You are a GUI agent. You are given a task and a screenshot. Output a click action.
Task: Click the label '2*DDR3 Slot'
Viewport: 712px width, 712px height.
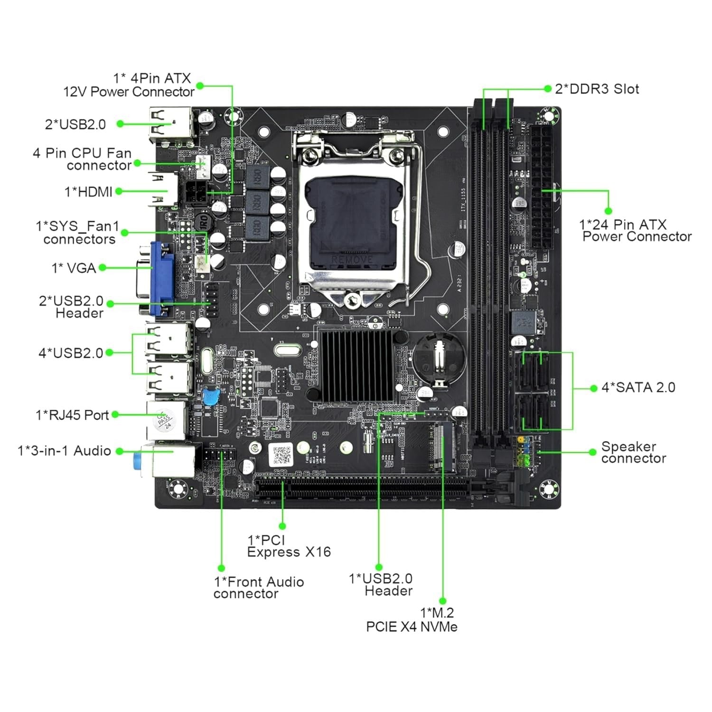tap(597, 89)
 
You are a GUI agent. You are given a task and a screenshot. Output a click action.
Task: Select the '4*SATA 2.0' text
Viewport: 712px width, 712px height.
tap(638, 387)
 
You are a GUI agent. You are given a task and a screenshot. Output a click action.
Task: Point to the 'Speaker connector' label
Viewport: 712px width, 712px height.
tap(633, 452)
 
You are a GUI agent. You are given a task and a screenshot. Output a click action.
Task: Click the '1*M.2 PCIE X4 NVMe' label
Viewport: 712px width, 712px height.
tap(412, 620)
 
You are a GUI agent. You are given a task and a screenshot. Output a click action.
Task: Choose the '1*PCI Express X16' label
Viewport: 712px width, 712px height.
tap(289, 546)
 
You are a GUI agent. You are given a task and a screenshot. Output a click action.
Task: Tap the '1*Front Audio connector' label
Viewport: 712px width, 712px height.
tap(259, 588)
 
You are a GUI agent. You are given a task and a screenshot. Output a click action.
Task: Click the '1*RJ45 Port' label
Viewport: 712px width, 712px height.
tap(72, 415)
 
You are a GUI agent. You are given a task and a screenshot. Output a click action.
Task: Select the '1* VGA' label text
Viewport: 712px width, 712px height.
tap(74, 268)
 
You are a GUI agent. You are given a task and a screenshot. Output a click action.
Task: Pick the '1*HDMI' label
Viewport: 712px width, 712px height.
tap(88, 192)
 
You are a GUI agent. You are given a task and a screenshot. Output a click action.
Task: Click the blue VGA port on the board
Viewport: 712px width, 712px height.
tap(162, 279)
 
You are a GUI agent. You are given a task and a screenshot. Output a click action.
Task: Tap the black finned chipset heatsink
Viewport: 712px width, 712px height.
tap(357, 365)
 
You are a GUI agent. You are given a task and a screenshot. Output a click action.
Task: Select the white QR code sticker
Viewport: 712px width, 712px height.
tap(281, 455)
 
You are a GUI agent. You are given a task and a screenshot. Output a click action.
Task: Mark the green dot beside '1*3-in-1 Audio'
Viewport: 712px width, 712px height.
tap(120, 451)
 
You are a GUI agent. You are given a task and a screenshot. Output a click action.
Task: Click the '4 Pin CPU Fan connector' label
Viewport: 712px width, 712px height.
tap(82, 159)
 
